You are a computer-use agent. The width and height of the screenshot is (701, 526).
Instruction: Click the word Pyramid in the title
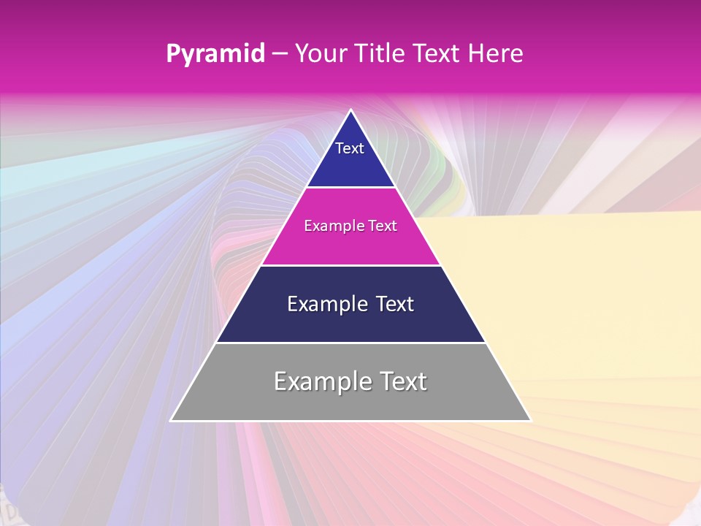215,54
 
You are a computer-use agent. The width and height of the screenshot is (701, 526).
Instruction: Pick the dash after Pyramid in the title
280,54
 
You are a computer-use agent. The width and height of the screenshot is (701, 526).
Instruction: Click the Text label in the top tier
350,148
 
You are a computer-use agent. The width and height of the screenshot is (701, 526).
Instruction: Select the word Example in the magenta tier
332,226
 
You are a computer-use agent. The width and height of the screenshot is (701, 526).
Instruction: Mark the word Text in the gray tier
398,381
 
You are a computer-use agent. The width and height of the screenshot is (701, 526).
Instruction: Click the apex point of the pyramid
350,110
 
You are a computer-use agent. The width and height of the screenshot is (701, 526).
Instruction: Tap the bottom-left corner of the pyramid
171,420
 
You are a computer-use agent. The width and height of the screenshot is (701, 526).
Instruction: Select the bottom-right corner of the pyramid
530,420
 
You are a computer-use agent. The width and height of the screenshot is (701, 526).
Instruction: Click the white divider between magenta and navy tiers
350,265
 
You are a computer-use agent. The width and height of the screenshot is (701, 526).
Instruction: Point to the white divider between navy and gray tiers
350,343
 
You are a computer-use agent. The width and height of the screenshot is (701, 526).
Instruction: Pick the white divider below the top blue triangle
350,188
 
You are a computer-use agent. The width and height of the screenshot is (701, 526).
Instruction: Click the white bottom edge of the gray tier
350,421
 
